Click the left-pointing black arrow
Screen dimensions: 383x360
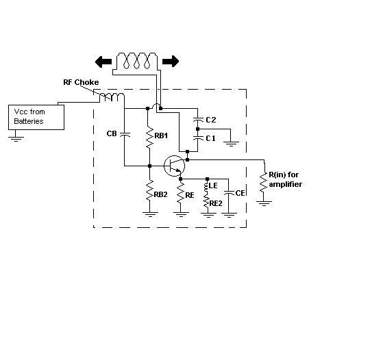(103, 62)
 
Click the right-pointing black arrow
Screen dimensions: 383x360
(171, 62)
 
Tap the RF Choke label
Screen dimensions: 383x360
(81, 82)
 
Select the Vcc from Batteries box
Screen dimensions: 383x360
(36, 117)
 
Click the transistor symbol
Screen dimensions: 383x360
(174, 166)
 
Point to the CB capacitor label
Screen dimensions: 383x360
(112, 133)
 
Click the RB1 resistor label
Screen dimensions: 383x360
(161, 136)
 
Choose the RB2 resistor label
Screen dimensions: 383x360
(160, 194)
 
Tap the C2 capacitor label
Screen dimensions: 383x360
(211, 120)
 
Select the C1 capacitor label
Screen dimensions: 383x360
(210, 138)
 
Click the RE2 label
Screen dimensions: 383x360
(216, 203)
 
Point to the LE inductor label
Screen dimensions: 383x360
(213, 185)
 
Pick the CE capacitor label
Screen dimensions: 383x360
(240, 193)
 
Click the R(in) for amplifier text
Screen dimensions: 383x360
(285, 179)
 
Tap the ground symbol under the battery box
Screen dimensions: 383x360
(16, 139)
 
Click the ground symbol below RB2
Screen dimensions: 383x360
(150, 214)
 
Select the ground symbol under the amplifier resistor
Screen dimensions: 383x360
(264, 203)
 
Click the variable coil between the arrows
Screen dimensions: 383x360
(137, 61)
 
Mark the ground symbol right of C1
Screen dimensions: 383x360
(231, 144)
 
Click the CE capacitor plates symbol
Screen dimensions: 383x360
(229, 192)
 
